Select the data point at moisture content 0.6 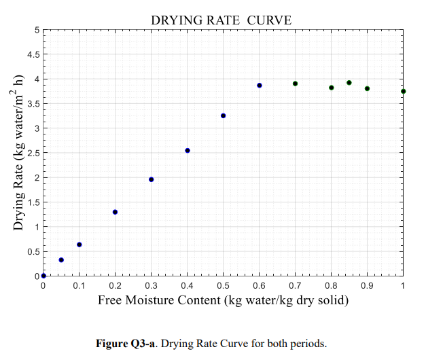(x=260, y=86)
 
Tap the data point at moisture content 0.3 (x=152, y=179)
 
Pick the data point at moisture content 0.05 (x=61, y=259)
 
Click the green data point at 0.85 (x=349, y=83)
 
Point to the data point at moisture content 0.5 (x=224, y=116)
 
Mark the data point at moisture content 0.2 (x=116, y=212)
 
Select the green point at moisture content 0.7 (x=296, y=84)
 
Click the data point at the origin (x=43, y=275)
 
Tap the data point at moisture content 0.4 (x=188, y=150)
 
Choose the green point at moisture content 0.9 (x=368, y=88)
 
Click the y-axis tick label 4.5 (x=33, y=54)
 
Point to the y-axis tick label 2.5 (x=33, y=153)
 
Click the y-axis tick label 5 (x=37, y=30)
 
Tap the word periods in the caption (x=311, y=343)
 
